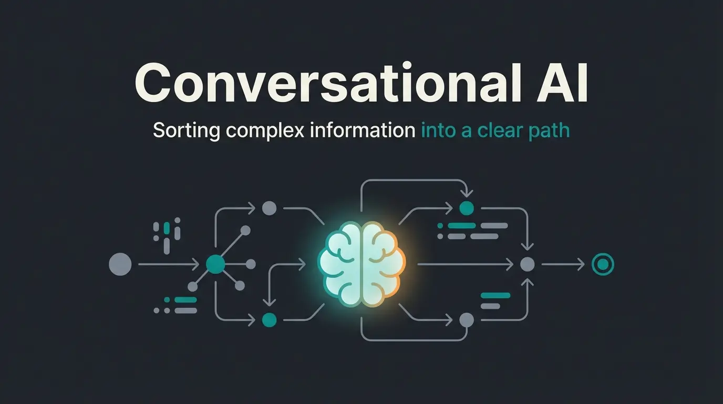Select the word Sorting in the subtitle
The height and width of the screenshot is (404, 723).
187,131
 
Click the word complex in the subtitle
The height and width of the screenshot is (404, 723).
265,131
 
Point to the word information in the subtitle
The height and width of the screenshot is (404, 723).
363,130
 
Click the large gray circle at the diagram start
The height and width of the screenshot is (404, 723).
120,265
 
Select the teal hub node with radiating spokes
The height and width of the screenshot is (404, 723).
215,265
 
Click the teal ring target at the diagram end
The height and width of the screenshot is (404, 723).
603,265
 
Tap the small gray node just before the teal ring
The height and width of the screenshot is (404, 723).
528,265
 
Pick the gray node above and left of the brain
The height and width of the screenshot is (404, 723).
269,208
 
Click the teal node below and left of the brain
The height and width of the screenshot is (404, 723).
269,320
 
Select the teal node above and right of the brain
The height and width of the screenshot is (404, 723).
467,208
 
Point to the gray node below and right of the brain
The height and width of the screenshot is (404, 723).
467,320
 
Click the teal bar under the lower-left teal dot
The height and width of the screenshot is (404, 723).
185,300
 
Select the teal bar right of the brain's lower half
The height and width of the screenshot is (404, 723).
495,295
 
